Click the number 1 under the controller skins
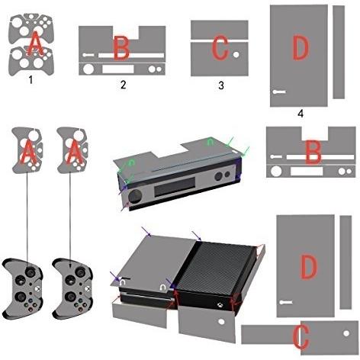pos(31,80)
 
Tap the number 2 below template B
pos(123,85)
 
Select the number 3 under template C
pos(221,85)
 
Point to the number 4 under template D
pos(301,113)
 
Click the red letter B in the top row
pos(121,47)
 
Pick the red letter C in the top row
pos(220,48)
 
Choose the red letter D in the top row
pos(301,48)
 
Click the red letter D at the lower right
pos(309,266)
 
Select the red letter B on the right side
pos(313,152)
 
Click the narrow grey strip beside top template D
pos(339,52)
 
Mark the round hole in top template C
pos(236,54)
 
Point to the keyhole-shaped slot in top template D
pos(279,92)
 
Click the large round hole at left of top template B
pos(88,69)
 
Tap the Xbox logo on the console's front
pos(220,304)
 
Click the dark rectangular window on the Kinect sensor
pos(175,187)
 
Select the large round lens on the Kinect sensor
pos(135,196)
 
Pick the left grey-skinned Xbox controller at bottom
pos(22,288)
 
